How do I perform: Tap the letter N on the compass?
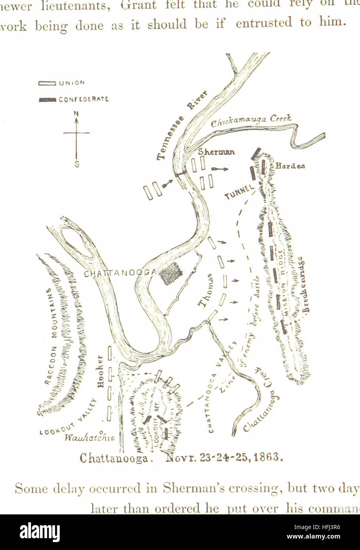[x=76, y=114]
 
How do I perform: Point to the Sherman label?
[x=216, y=152]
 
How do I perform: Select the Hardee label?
[x=290, y=166]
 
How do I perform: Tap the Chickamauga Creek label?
[x=252, y=121]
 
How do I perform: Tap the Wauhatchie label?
[x=90, y=438]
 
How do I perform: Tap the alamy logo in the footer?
[x=40, y=532]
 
